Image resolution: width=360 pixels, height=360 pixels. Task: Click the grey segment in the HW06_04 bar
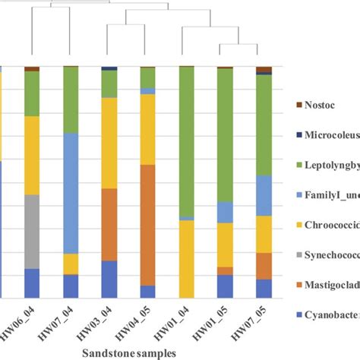pos(32,232)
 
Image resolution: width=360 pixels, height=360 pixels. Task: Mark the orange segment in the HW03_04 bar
pos(109,224)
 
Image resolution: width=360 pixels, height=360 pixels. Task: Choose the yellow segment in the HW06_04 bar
pos(32,155)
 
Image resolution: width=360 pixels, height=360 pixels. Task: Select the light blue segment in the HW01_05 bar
pos(225,212)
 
